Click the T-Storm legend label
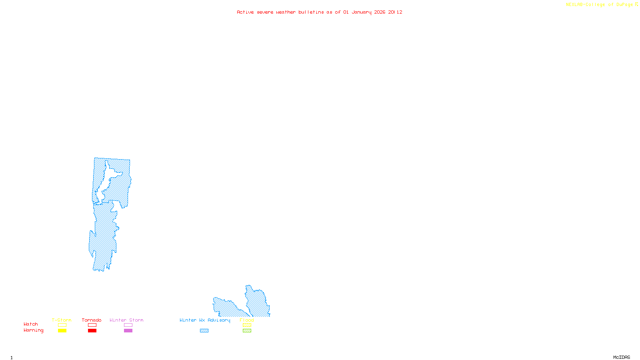pos(62,320)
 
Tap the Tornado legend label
pos(92,320)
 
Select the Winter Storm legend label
pos(126,320)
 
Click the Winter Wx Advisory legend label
pos(205,320)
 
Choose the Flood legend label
pos(247,320)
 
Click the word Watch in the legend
pos(31,324)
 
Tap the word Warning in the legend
pos(34,330)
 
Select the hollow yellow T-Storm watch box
pos(62,325)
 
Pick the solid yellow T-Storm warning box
pos(62,331)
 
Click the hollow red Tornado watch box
pos(92,325)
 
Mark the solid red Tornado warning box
pos(92,331)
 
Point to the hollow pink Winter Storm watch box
pos(128,325)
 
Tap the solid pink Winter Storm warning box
pos(128,331)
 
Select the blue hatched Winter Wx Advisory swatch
pos(204,331)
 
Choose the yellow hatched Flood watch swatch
pos(247,325)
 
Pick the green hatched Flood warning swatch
pos(247,331)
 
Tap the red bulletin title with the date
pos(320,12)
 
